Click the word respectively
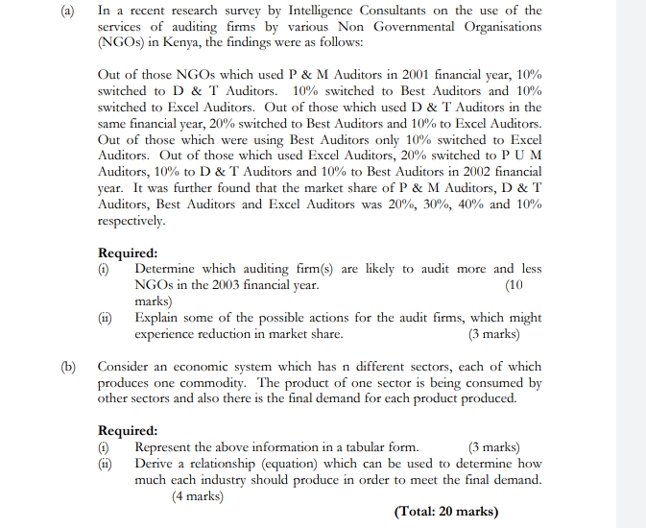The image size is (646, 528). (132, 222)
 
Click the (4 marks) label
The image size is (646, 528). (197, 495)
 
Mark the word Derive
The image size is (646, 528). (156, 464)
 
